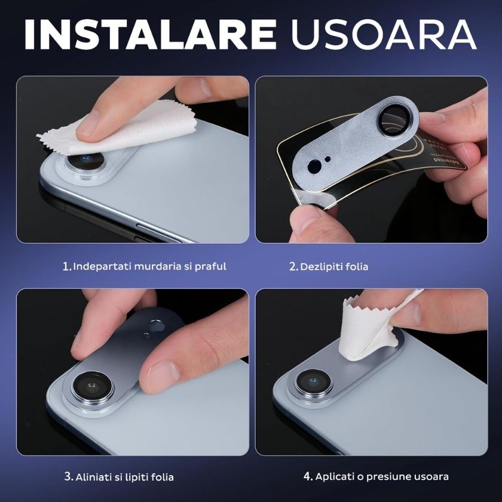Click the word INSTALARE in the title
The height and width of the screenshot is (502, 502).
tap(150, 35)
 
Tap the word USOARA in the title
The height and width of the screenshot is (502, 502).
tap(384, 35)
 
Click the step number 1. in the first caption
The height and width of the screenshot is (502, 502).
tap(67, 267)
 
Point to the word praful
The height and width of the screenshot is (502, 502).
tap(210, 267)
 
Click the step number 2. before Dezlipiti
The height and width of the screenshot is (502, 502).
tap(293, 267)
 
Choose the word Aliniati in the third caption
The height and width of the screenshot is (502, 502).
tap(93, 477)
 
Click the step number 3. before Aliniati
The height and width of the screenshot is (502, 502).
tap(69, 477)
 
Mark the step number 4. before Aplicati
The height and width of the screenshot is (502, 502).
tap(308, 477)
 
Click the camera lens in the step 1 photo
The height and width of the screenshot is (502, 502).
tap(84, 161)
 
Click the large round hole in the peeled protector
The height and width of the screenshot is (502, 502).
tap(314, 167)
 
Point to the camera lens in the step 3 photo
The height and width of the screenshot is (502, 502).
tap(93, 387)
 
